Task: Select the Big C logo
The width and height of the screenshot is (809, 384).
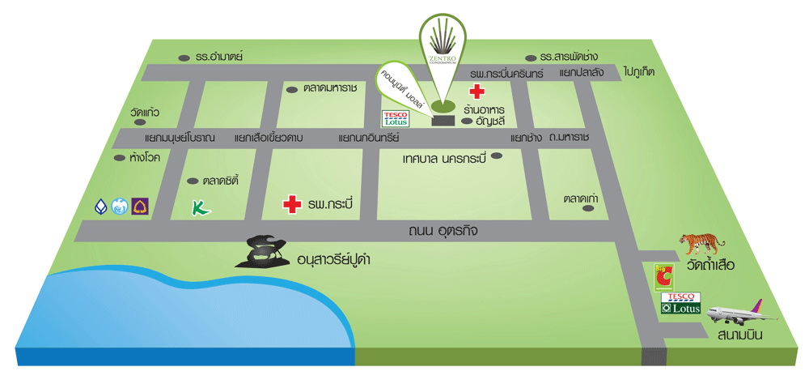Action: (663, 276)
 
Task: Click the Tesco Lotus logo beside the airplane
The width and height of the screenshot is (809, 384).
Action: (678, 304)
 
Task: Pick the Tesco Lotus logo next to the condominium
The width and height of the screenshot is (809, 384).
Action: (396, 119)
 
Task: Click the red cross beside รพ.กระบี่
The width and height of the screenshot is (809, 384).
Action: (290, 204)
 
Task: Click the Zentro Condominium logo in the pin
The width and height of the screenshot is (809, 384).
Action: (443, 48)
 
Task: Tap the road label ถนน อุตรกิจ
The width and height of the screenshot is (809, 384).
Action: (444, 231)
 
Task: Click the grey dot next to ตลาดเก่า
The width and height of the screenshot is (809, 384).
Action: (588, 208)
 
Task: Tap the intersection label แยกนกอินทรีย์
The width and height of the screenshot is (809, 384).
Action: (369, 138)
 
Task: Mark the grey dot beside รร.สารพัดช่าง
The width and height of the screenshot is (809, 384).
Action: (532, 58)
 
